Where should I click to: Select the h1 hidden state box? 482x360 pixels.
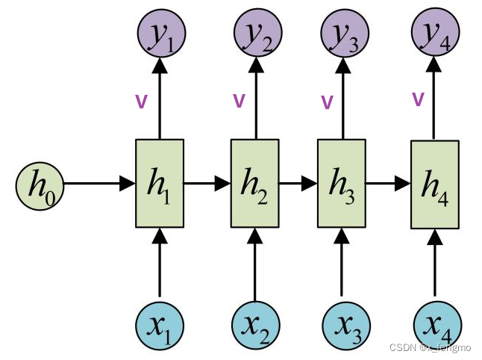(159, 184)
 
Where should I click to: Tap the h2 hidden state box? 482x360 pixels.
(255, 184)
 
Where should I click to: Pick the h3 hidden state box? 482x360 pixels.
(342, 184)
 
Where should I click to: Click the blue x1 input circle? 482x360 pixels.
(159, 326)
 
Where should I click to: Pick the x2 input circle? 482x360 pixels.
(255, 326)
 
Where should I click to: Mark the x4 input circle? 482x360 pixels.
(436, 326)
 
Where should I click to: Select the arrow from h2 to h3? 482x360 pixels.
(298, 183)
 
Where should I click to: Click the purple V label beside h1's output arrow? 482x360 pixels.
(140, 102)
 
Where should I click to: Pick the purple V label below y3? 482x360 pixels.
(326, 102)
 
